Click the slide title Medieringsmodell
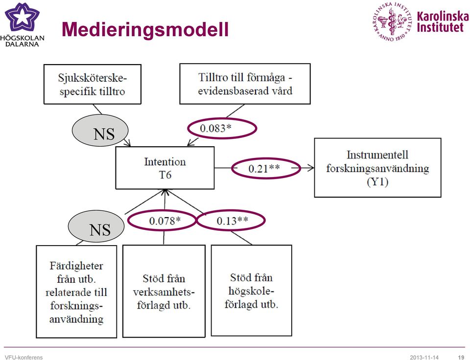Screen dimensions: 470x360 [x=145, y=29]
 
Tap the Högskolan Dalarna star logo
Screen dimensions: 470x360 [x=22, y=17]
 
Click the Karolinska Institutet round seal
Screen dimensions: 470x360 [x=392, y=21]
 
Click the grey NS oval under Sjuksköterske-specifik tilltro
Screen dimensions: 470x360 [x=100, y=131]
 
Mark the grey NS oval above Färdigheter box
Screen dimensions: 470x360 [x=96, y=226]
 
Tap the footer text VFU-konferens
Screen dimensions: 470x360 [x=23, y=357]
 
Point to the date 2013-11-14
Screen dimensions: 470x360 [x=424, y=357]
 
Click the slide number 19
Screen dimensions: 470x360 [x=461, y=357]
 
